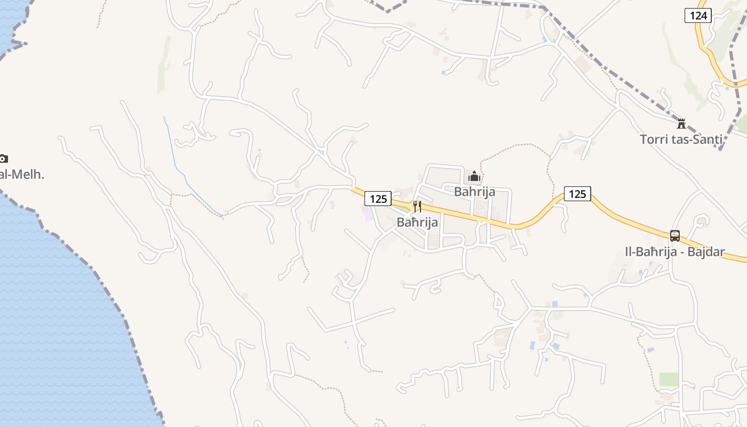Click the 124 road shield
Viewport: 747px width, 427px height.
[x=698, y=15]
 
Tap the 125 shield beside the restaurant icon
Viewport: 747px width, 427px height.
[x=378, y=199]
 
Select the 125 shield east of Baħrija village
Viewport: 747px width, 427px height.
[x=577, y=194]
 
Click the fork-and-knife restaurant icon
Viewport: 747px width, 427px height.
[x=417, y=207]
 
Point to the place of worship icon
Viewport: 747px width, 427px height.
[x=474, y=176]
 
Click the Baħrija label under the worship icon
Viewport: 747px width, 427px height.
[x=474, y=192]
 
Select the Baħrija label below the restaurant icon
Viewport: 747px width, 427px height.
[x=417, y=223]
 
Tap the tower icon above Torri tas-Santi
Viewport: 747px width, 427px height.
[x=681, y=123]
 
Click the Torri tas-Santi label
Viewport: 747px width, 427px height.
[x=681, y=140]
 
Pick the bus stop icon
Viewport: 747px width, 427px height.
[x=675, y=235]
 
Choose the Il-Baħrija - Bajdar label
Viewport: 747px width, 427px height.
[x=675, y=252]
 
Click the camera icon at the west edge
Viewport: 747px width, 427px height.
[x=3, y=159]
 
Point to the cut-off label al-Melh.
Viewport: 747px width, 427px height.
[x=21, y=175]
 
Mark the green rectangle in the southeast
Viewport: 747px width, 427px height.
[x=669, y=379]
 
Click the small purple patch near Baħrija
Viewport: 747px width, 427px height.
[x=368, y=214]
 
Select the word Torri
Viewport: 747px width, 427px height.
[x=654, y=140]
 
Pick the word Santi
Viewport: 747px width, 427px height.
[x=708, y=140]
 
